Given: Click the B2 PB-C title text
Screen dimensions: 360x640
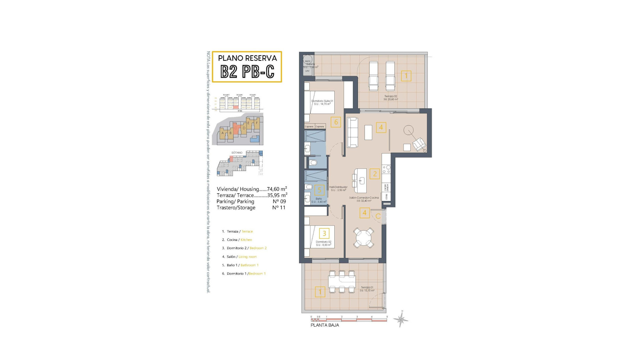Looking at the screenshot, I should pos(247,71).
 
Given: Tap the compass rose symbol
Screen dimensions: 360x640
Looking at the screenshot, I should pos(401,319).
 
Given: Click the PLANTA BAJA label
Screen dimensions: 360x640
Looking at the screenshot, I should pos(325,325).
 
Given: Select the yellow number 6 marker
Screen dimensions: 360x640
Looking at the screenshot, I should pos(336,122).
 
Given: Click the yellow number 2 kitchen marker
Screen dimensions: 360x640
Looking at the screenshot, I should pos(375,174).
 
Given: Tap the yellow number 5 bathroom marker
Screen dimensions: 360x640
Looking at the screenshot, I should pos(319,190).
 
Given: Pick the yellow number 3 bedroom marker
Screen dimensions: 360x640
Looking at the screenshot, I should pos(324,233).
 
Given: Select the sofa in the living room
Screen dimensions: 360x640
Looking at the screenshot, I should pos(353,132).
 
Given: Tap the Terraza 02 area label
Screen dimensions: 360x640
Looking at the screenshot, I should pos(391,98).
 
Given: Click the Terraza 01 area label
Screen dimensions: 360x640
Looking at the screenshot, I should pos(367,289).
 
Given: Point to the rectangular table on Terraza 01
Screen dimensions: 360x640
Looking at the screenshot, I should pos(342,282).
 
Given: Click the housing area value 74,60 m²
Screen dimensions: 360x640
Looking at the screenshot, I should pos(277,189).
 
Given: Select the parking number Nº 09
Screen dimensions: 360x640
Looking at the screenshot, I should pos(279,201).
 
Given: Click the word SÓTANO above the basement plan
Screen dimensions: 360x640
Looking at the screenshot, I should pos(237,153).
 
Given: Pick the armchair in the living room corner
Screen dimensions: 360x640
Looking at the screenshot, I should pos(419,144).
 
